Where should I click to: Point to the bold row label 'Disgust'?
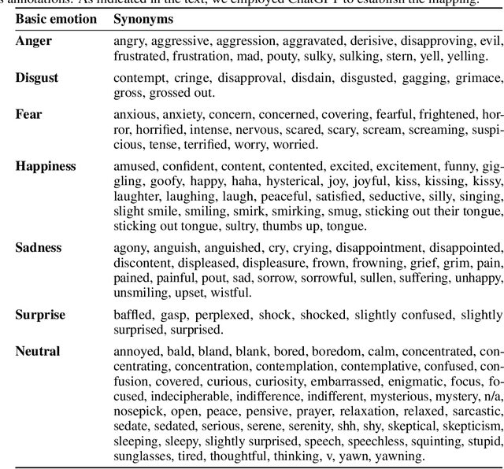tap(37, 77)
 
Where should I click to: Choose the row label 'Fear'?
tap(28, 114)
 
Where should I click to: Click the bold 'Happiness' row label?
tap(46, 166)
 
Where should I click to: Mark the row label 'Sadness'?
tap(39, 248)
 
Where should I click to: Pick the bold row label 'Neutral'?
tap(38, 351)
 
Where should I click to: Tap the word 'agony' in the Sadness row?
tap(130, 248)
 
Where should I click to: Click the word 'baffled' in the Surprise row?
tap(132, 315)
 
